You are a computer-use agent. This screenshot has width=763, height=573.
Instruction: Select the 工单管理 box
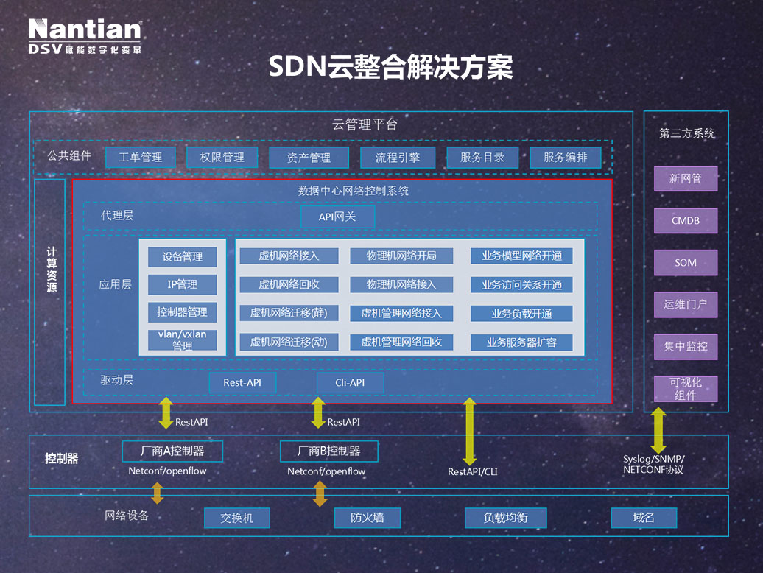coord(140,158)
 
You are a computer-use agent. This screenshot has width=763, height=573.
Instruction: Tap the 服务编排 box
coord(565,158)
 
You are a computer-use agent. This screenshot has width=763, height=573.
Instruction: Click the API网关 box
coord(337,217)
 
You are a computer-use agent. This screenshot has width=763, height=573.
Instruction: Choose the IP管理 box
coord(182,284)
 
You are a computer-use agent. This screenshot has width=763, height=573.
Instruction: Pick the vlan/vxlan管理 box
coord(182,340)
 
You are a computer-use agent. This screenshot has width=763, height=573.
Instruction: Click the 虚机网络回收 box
coord(289,284)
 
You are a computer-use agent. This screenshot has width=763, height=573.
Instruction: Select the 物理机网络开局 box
coord(401,256)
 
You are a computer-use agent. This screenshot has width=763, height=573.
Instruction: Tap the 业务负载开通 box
coord(521,313)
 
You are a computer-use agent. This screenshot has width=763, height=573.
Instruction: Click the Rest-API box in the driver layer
coord(242,382)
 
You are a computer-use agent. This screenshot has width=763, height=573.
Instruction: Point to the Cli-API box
coord(350,382)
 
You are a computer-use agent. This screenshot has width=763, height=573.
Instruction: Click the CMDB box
coord(685,220)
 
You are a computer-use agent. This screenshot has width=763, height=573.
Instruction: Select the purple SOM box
coord(685,262)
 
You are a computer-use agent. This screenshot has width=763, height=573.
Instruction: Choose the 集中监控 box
coord(685,346)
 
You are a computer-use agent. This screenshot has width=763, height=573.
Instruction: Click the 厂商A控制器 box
coord(172,451)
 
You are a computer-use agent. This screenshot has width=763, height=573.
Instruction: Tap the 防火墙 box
coord(368,518)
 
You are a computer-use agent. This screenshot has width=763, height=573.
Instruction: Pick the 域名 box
coord(643,518)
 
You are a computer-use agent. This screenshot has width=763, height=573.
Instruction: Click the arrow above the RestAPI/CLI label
coord(468,430)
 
